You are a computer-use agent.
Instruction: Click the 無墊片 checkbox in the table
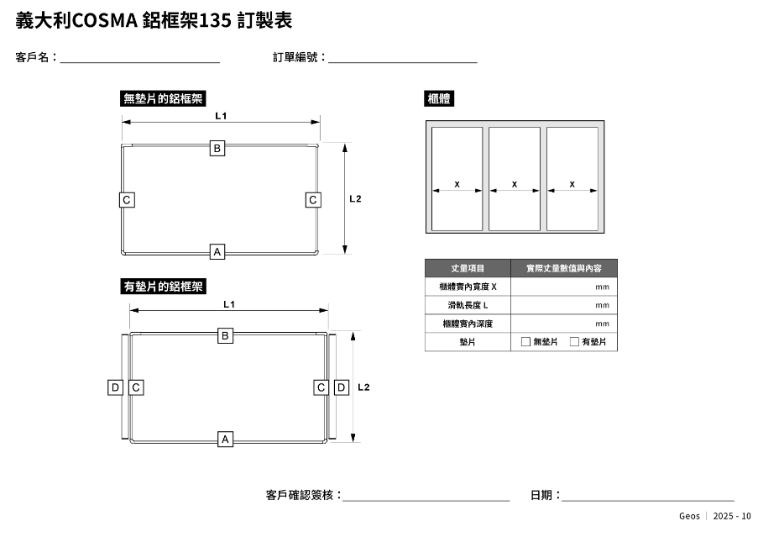(x=525, y=342)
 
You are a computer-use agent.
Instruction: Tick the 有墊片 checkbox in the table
(x=574, y=342)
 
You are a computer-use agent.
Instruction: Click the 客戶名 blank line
(x=139, y=59)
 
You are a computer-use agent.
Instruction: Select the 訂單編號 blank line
(x=403, y=59)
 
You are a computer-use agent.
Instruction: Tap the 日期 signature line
(x=647, y=497)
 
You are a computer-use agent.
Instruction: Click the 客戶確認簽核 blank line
(x=426, y=497)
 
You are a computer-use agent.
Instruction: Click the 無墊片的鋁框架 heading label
(x=164, y=98)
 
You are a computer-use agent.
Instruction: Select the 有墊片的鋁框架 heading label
(x=164, y=287)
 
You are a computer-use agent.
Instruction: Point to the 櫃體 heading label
(x=440, y=98)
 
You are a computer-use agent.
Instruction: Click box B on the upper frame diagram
(x=217, y=148)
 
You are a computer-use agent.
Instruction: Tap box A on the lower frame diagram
(x=225, y=439)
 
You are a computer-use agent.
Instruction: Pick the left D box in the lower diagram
(x=116, y=387)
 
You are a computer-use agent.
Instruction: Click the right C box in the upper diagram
(x=312, y=200)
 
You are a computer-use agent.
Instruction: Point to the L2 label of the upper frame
(x=355, y=199)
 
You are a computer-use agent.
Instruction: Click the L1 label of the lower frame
(x=228, y=304)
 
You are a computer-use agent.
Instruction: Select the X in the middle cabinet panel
(x=514, y=184)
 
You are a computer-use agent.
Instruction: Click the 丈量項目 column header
(x=468, y=268)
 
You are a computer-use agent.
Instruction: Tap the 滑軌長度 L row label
(x=468, y=305)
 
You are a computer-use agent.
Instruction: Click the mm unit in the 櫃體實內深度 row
(x=602, y=324)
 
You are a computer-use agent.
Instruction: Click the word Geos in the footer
(x=689, y=516)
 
